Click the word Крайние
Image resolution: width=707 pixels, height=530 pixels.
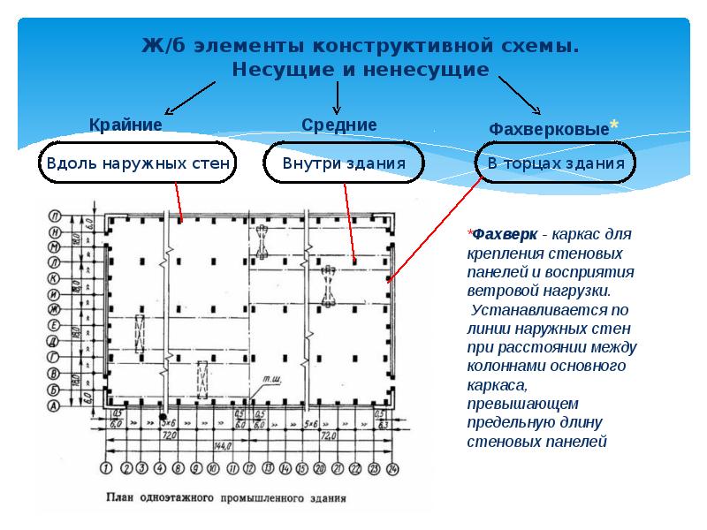(x=125, y=125)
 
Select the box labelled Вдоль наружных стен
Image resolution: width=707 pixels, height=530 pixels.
(x=138, y=163)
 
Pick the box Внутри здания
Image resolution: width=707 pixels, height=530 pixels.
(x=344, y=163)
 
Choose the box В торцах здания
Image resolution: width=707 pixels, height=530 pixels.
(x=556, y=163)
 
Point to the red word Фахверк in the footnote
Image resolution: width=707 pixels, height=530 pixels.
(x=504, y=236)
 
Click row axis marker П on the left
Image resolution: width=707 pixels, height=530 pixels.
(x=55, y=215)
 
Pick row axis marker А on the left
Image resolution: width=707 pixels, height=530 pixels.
(x=55, y=405)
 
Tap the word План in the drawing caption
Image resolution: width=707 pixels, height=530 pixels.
(x=119, y=497)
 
